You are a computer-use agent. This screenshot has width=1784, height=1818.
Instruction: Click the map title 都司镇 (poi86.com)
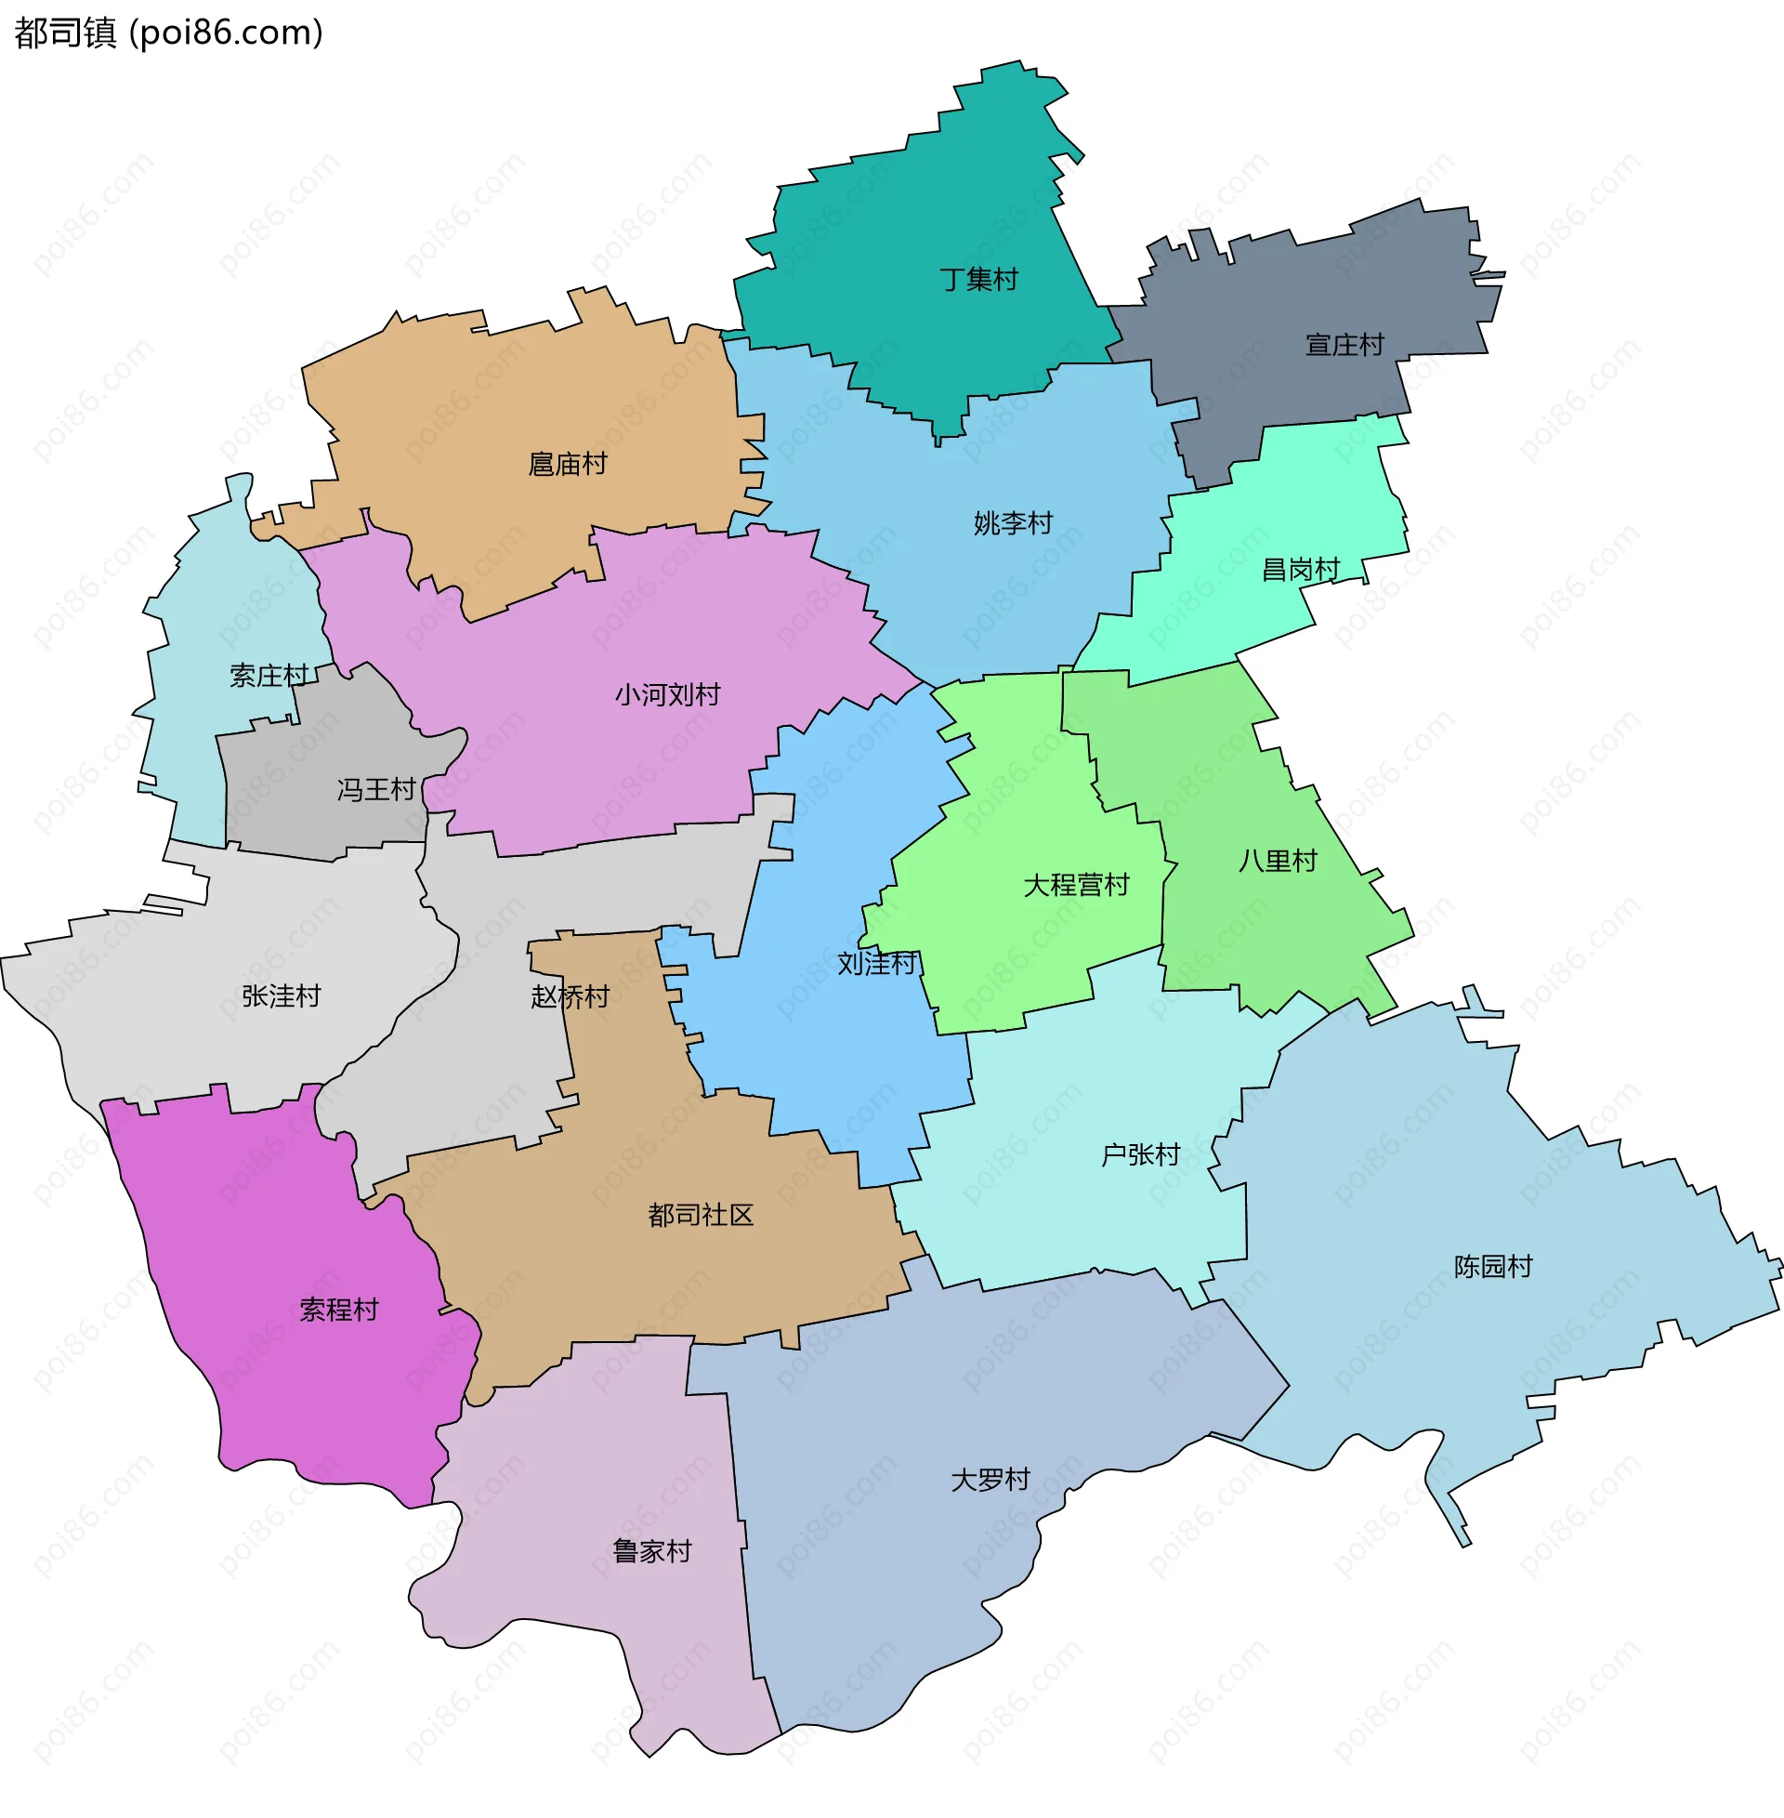169,33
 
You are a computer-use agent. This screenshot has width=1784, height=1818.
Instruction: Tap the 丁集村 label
978,279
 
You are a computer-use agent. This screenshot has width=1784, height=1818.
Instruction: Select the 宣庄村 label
1345,345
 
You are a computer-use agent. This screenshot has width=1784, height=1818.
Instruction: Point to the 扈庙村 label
568,464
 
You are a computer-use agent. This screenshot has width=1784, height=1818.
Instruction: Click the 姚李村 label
1013,523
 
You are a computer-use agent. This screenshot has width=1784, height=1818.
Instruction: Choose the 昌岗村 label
1301,570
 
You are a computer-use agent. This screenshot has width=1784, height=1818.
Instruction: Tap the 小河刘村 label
667,694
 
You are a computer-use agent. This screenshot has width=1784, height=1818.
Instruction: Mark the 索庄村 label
269,676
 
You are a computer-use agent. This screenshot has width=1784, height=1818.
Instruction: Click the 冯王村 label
375,790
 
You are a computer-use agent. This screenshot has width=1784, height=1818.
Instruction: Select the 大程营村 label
1076,885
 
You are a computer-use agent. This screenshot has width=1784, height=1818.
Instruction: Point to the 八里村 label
1277,861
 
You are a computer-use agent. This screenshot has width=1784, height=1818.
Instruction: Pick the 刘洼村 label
876,963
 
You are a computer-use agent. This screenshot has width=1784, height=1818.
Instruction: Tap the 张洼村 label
282,995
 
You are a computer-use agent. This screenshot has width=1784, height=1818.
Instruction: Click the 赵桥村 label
570,996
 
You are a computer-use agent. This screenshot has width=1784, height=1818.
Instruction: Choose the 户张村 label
1140,1154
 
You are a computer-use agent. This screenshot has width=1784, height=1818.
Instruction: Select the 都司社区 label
701,1216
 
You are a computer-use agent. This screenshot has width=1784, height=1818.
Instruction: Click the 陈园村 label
1492,1267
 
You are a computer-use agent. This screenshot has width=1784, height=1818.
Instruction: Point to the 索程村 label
339,1310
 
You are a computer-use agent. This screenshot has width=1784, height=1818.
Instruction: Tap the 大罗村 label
990,1480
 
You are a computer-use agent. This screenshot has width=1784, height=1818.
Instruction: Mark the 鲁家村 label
652,1552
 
